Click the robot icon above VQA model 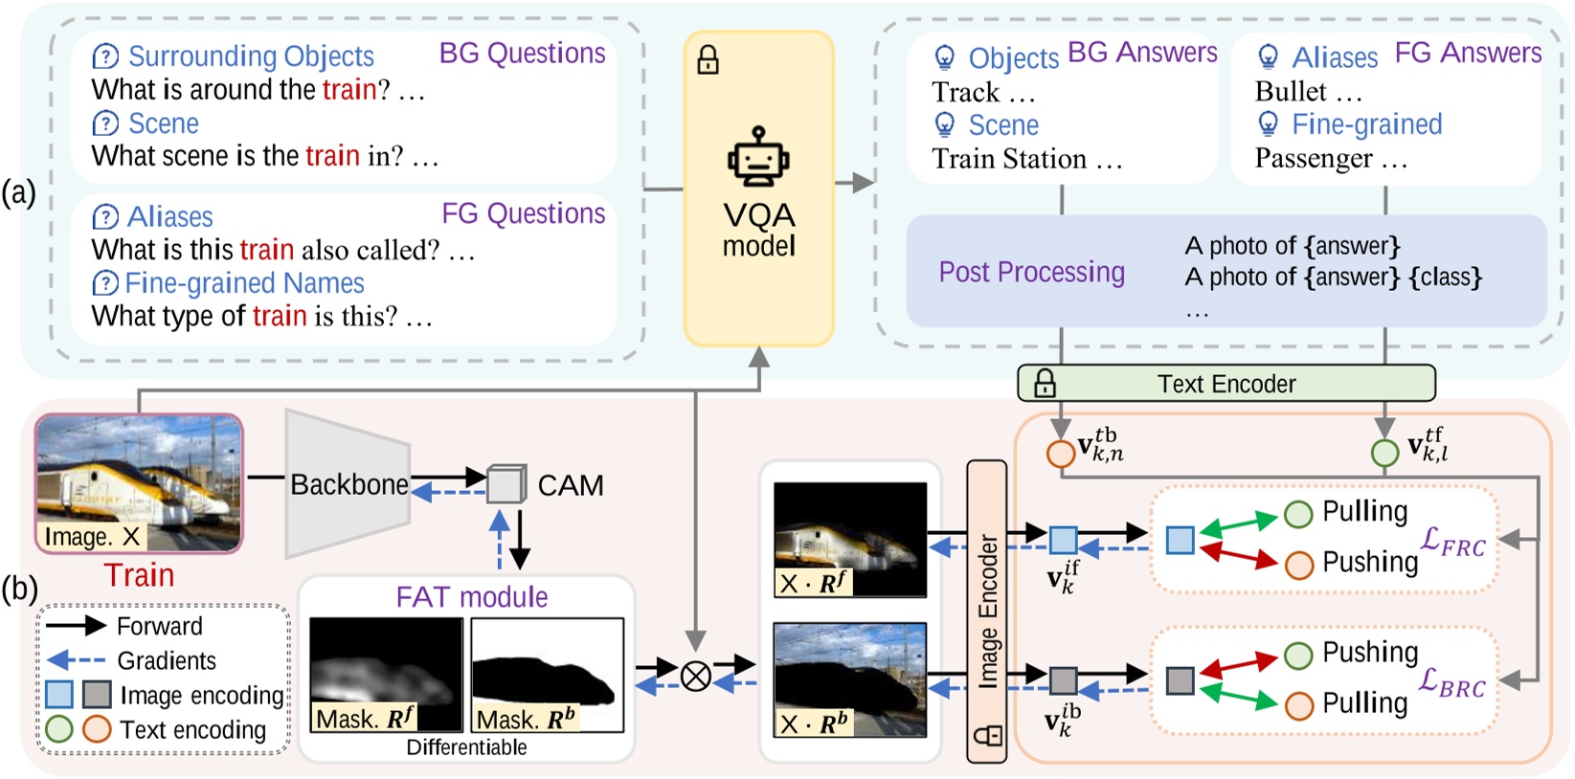(x=758, y=157)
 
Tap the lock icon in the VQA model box (x=708, y=60)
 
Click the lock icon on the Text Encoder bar (x=1045, y=384)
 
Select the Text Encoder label (x=1226, y=384)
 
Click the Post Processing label (x=1031, y=272)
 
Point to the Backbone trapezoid (x=348, y=483)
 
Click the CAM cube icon (x=506, y=483)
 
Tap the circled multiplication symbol (x=695, y=676)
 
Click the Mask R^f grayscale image (x=386, y=674)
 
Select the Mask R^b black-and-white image (x=547, y=674)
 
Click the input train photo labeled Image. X (x=139, y=481)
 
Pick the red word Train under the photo (x=139, y=574)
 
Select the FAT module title (x=472, y=597)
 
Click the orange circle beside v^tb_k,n (x=1060, y=452)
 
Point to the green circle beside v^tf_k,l (x=1384, y=452)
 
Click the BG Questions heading (x=522, y=54)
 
